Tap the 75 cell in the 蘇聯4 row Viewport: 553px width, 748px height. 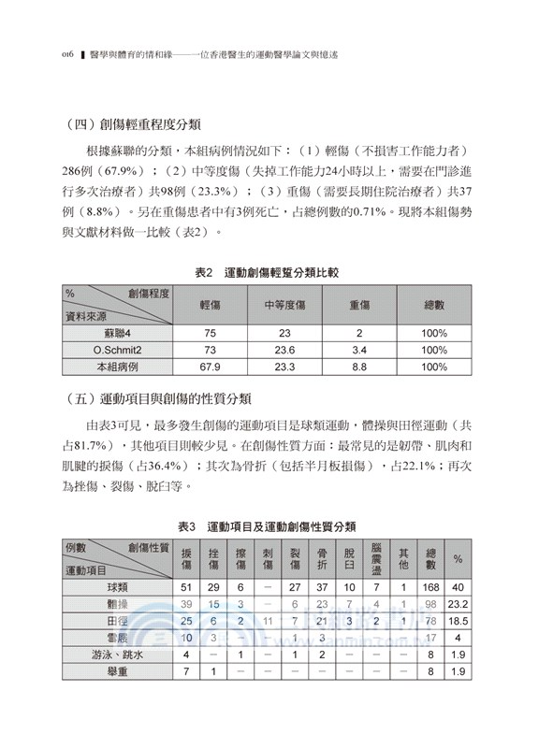tap(211, 333)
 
